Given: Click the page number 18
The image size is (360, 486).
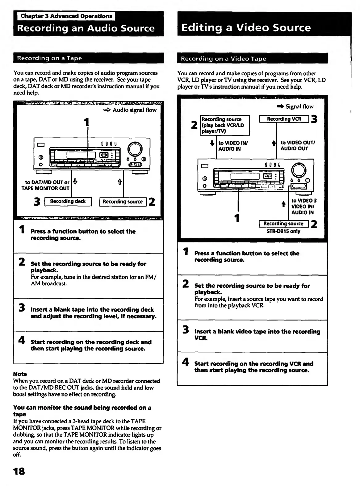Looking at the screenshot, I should click(x=19, y=471).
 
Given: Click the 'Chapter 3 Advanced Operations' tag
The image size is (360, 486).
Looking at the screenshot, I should click(x=66, y=16).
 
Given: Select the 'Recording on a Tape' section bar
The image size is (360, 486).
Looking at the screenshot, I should click(x=88, y=58).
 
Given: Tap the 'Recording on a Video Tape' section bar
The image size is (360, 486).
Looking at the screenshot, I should click(x=252, y=59).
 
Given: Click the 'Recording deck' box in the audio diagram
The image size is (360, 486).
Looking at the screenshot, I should click(x=68, y=202).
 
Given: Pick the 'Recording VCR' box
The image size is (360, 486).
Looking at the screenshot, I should click(x=284, y=119).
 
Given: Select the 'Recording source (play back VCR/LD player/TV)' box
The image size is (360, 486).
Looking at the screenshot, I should click(x=225, y=125).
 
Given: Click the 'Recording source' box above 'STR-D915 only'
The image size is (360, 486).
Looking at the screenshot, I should click(x=283, y=224).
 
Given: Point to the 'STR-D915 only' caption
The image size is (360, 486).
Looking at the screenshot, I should click(x=283, y=231).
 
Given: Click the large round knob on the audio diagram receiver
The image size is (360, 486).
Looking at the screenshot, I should click(x=135, y=149).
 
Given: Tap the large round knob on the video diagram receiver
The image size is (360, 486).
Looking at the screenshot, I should click(x=299, y=170).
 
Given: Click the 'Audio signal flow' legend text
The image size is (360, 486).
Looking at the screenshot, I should click(x=134, y=110).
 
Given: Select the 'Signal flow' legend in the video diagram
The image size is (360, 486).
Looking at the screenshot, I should click(x=299, y=107).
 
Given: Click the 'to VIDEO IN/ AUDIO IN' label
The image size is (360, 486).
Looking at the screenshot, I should click(x=233, y=146).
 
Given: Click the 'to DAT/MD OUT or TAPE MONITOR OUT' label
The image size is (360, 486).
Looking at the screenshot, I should click(x=45, y=185).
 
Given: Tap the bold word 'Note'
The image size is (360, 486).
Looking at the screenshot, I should click(x=20, y=374).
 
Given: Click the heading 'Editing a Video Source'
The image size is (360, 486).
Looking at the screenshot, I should click(x=246, y=28).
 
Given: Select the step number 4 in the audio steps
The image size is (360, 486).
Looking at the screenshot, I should click(x=22, y=340).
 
